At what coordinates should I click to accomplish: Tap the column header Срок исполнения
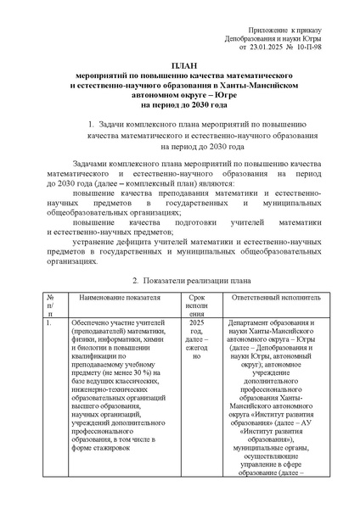196,305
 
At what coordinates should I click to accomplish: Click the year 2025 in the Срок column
196,323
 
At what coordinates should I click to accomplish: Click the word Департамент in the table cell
253,323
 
